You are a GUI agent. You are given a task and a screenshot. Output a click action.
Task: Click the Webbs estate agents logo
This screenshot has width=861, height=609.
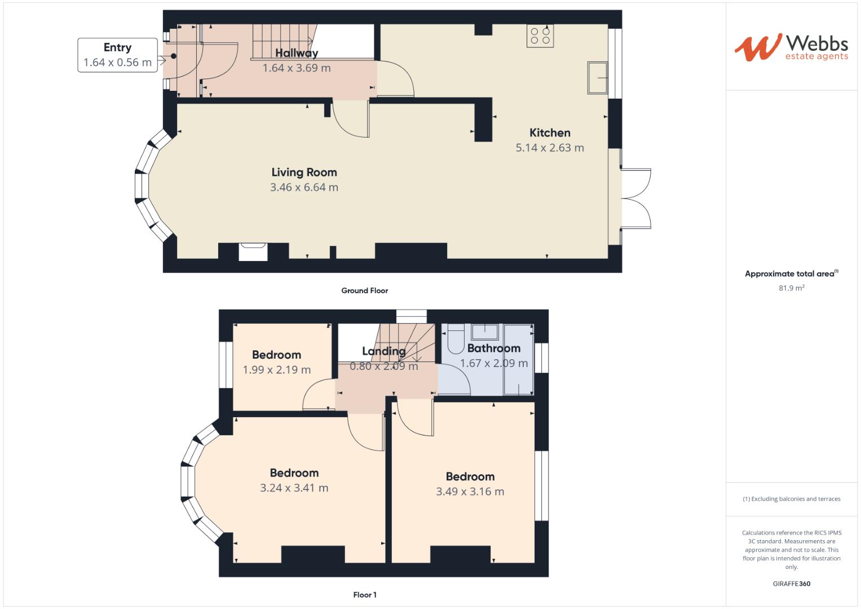click(x=791, y=47)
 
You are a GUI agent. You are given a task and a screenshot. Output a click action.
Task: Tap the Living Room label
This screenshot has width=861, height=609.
click(x=304, y=173)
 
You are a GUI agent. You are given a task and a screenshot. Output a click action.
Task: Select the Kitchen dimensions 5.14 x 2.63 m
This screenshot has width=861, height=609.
click(x=550, y=148)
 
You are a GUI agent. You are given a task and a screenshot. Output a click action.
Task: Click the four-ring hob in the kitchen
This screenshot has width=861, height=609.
click(x=540, y=36)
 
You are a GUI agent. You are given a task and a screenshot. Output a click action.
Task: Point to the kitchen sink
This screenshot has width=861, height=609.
click(x=597, y=78)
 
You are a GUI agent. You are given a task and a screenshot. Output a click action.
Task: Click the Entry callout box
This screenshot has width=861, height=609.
click(x=117, y=55)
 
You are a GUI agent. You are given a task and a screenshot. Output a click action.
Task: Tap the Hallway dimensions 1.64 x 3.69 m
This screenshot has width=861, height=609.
click(x=297, y=68)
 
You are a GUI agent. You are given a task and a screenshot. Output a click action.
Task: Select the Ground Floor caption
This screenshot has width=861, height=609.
click(x=364, y=291)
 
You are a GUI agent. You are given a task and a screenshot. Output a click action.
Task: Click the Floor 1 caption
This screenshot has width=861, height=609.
click(x=365, y=595)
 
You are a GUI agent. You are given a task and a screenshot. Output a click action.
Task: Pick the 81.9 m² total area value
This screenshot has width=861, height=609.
click(x=791, y=288)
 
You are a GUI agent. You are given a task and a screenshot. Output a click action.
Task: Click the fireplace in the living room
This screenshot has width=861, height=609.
click(x=253, y=251)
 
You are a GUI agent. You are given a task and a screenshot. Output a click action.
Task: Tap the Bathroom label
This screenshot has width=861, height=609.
click(x=493, y=348)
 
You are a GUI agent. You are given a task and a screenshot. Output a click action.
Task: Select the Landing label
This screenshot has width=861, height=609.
click(x=383, y=351)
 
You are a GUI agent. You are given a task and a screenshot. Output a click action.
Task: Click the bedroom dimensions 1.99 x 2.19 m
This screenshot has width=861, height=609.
click(x=276, y=370)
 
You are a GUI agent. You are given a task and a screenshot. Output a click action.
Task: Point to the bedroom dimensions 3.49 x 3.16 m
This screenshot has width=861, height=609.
click(x=470, y=492)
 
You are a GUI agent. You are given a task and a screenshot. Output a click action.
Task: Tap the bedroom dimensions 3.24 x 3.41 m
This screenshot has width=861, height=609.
click(x=294, y=488)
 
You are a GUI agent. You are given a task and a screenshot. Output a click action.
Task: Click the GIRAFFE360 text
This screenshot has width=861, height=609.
click(x=791, y=584)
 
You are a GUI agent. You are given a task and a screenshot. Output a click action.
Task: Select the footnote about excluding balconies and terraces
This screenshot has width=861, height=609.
click(x=791, y=499)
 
